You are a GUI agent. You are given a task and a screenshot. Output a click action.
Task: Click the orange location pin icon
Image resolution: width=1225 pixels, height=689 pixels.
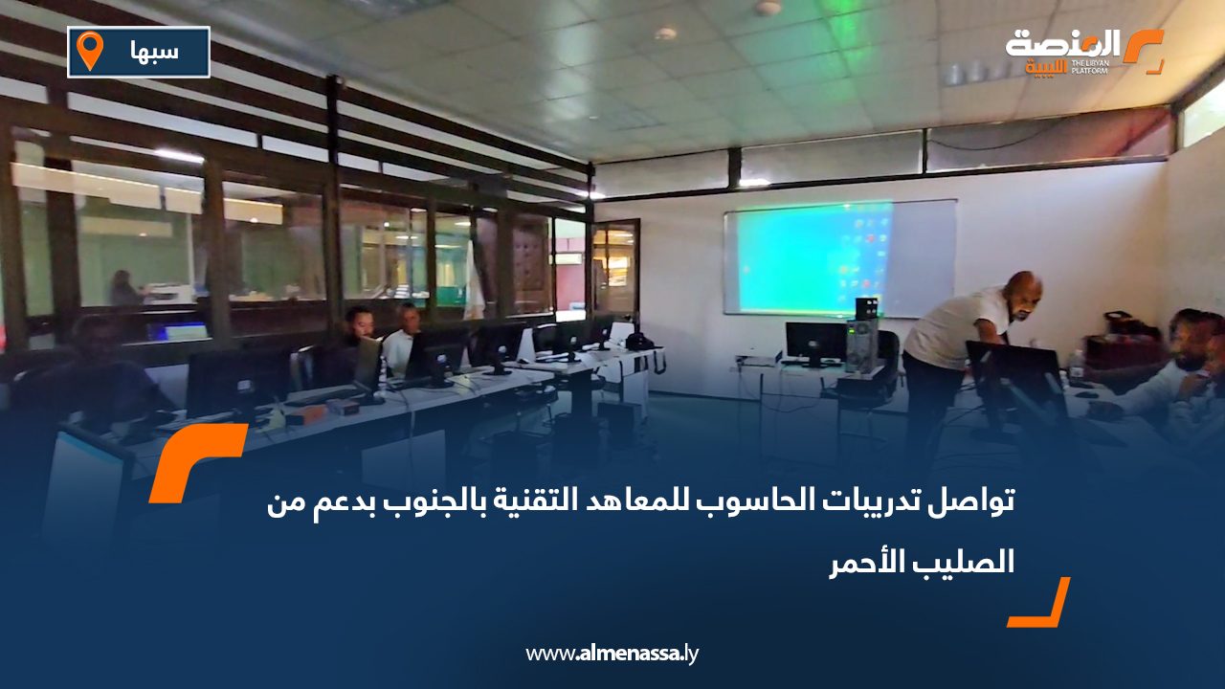[x=89, y=51]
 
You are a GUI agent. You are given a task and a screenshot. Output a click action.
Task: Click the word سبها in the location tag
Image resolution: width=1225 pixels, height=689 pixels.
[x=153, y=51]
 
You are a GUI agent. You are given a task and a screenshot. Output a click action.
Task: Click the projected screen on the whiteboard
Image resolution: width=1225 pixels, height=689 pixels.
[x=809, y=256]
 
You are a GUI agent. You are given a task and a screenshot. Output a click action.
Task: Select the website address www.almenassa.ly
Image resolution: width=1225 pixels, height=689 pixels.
[x=612, y=654]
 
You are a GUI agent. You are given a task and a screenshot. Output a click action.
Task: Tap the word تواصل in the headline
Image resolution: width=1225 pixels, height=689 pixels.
[x=977, y=500]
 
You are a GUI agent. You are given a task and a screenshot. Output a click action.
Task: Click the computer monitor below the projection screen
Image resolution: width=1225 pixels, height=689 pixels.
[x=814, y=343]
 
